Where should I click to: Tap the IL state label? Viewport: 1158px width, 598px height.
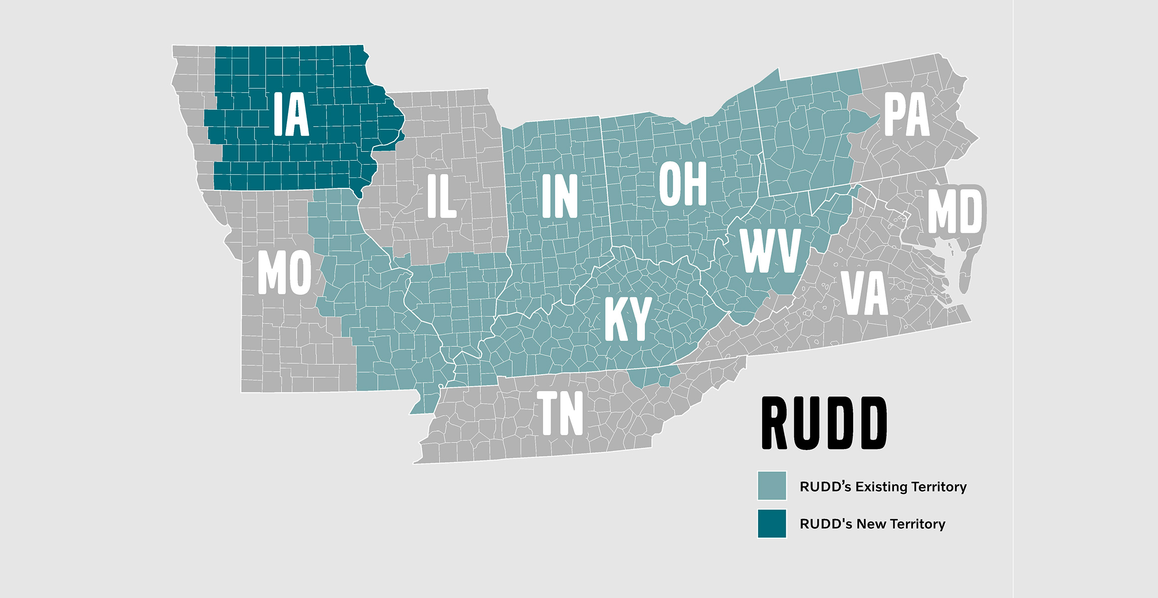[x=441, y=196]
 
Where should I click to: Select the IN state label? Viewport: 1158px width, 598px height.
[x=559, y=196]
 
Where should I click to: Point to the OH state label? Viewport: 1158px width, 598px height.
[x=683, y=184]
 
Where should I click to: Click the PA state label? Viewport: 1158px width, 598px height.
[x=907, y=115]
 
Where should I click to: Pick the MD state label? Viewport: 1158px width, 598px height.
[x=955, y=212]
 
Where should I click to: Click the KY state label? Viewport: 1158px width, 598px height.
[x=628, y=319]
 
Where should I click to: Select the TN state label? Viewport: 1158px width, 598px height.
[x=560, y=413]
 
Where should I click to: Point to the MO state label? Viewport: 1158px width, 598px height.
[x=285, y=273]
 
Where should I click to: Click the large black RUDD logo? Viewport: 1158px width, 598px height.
[x=824, y=423]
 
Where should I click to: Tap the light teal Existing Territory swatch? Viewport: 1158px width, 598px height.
[x=772, y=485]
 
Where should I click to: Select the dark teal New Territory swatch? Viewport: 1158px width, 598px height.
[x=772, y=523]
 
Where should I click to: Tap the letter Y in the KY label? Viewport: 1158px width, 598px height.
[x=639, y=319]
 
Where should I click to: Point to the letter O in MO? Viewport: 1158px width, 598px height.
[x=299, y=273]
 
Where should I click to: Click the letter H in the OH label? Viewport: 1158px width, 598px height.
[x=696, y=184]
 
